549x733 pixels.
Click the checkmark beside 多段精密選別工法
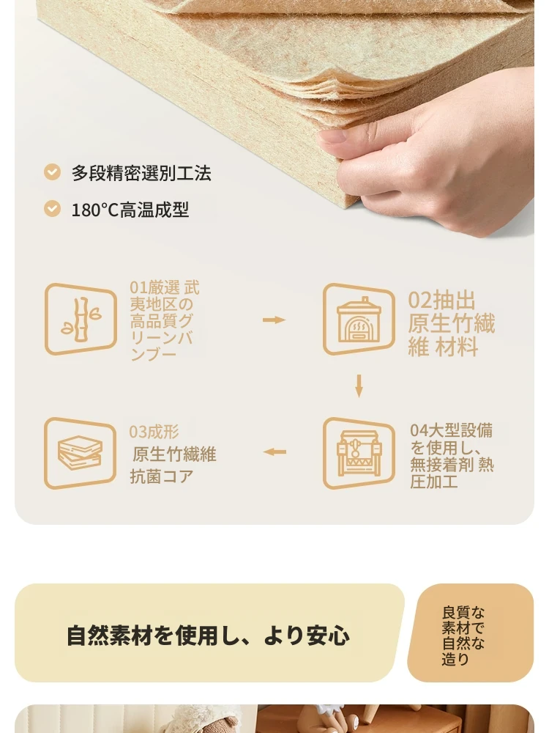click(52, 172)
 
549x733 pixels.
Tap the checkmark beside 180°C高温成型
click(52, 208)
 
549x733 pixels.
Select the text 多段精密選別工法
click(141, 173)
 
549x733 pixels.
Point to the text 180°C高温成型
click(130, 210)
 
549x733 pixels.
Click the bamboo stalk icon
click(81, 319)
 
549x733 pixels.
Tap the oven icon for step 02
click(359, 319)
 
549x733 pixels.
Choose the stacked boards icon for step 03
click(81, 453)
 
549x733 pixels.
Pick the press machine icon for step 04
click(359, 453)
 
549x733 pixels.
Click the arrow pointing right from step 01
click(274, 320)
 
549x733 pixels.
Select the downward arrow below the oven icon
click(359, 386)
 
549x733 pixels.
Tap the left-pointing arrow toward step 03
click(274, 452)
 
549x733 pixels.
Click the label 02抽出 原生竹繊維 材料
click(452, 323)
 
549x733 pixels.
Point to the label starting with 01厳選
click(165, 321)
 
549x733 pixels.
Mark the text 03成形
click(154, 432)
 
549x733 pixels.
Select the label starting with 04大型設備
click(452, 456)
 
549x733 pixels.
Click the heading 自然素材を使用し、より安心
click(208, 636)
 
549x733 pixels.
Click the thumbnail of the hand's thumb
click(332, 136)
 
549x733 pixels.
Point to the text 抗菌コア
click(162, 476)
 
